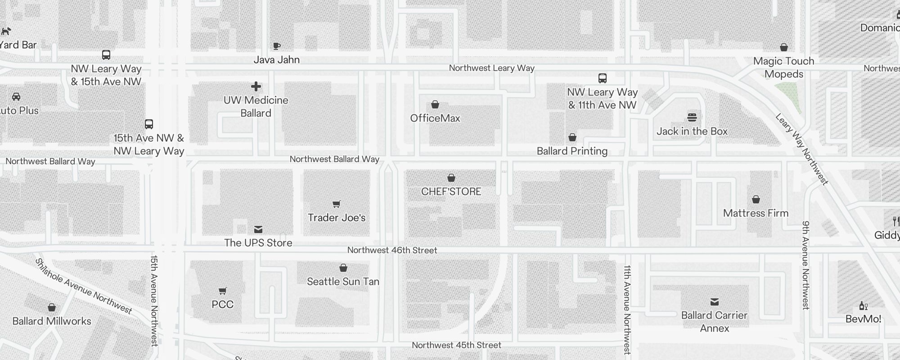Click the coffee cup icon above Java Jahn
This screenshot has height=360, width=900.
coord(277,46)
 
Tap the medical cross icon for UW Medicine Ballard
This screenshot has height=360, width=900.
coord(256,86)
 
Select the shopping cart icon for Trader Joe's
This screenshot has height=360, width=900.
coord(336,204)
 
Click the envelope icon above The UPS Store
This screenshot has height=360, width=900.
coord(258,229)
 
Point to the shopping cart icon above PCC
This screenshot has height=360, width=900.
coord(222,291)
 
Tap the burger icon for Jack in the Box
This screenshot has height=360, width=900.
coord(692,117)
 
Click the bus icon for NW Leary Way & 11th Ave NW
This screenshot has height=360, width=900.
coord(603,78)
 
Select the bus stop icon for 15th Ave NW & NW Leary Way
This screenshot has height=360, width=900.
coord(149,124)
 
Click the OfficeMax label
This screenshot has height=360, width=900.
coord(435,118)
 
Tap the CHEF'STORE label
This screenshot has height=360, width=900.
coord(451,192)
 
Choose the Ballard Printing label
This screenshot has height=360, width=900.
coord(572,151)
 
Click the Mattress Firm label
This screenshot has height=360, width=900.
coord(756,213)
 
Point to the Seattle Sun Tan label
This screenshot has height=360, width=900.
coord(343,282)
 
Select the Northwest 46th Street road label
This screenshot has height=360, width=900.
coord(392,250)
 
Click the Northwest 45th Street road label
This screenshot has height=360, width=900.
coord(456,345)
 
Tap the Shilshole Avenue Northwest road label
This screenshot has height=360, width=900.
coord(84,286)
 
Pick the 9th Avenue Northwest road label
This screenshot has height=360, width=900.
coord(805,265)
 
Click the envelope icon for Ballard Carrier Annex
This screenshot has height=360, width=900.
coord(715,302)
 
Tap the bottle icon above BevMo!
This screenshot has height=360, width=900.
coord(863,306)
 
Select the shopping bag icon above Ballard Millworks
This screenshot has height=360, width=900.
coord(52,308)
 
